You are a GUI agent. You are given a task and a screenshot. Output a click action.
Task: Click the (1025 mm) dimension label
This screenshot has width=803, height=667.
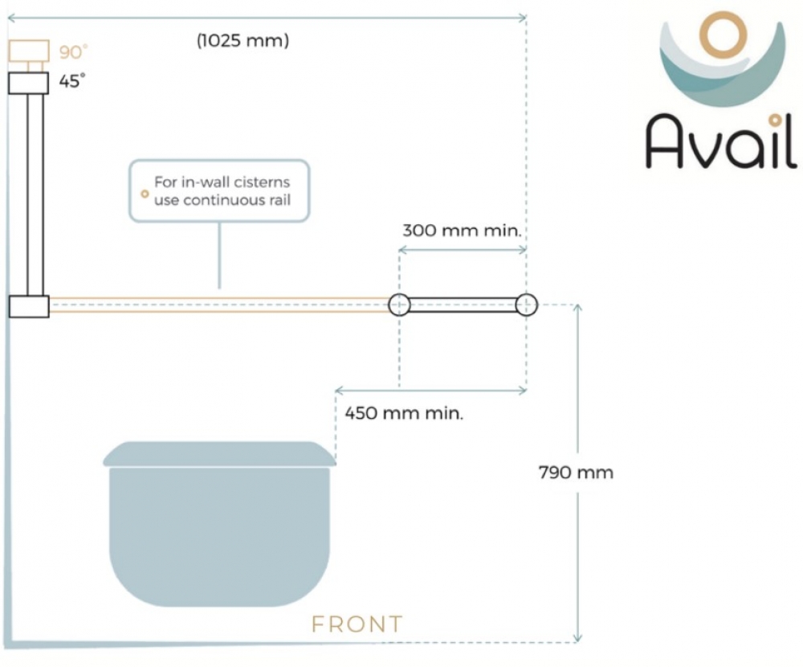pyautogui.click(x=243, y=40)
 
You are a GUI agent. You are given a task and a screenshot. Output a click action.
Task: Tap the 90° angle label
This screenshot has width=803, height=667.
pyautogui.click(x=73, y=51)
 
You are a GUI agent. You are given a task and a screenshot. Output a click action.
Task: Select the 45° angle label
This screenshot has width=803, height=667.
pyautogui.click(x=71, y=81)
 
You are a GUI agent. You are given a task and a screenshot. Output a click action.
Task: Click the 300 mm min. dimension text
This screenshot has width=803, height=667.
pyautogui.click(x=462, y=231)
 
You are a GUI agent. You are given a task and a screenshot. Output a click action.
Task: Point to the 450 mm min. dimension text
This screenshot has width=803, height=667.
pyautogui.click(x=404, y=413)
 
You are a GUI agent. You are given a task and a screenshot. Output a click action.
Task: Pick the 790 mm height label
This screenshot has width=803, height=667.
pyautogui.click(x=576, y=473)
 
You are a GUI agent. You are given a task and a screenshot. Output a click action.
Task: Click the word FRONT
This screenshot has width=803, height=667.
pyautogui.click(x=357, y=624)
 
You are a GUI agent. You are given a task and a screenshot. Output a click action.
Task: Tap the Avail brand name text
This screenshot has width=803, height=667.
pyautogui.click(x=720, y=141)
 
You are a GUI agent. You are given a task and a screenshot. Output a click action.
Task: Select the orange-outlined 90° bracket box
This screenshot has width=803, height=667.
pyautogui.click(x=29, y=51)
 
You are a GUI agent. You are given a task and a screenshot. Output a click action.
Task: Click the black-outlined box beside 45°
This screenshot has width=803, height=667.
pyautogui.click(x=29, y=83)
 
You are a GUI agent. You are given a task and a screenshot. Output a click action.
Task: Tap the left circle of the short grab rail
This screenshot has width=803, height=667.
pyautogui.click(x=399, y=305)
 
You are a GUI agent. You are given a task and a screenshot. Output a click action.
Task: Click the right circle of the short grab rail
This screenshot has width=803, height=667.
pyautogui.click(x=527, y=305)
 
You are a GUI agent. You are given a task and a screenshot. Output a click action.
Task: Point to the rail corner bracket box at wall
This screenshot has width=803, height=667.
pyautogui.click(x=29, y=307)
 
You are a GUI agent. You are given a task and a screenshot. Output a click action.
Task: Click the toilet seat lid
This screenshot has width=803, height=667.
pyautogui.click(x=220, y=454)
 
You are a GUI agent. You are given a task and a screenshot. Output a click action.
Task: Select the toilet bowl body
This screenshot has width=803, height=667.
pyautogui.click(x=220, y=536)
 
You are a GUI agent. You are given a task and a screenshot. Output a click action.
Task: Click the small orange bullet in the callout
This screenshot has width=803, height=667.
pyautogui.click(x=145, y=194)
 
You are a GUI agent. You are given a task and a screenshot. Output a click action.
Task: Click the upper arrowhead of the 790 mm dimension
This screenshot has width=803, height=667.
pyautogui.click(x=577, y=308)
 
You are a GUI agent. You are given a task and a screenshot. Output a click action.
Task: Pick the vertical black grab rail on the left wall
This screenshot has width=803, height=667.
pyautogui.click(x=35, y=194)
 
